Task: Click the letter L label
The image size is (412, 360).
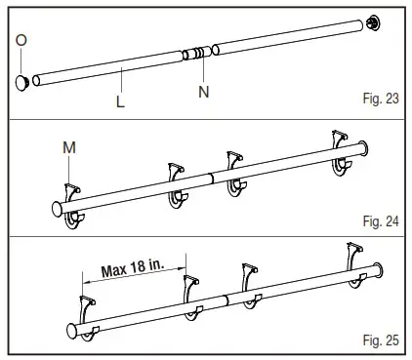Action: click(119, 101)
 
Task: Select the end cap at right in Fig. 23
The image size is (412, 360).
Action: click(373, 21)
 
